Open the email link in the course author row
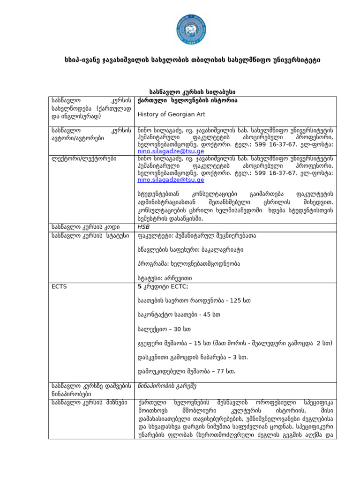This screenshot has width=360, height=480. (x=171, y=152)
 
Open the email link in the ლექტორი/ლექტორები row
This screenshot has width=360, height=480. (x=171, y=180)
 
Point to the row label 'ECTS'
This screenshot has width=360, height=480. (x=59, y=286)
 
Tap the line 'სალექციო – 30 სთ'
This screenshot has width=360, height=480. (x=164, y=329)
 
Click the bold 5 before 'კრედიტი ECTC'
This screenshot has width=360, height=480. (x=139, y=286)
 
